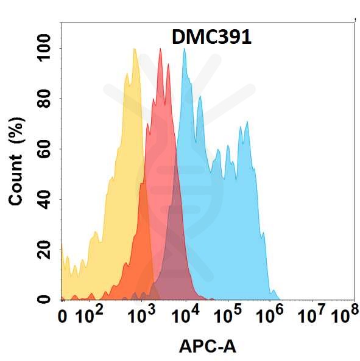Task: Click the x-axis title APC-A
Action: pos(207,347)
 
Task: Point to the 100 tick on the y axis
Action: pos(46,49)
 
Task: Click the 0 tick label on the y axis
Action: pos(46,299)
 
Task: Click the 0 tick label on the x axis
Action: pos(62,317)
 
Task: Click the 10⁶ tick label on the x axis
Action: pos(270,315)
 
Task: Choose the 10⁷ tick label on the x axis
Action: pos(313,315)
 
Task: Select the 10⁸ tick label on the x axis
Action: pos(344,315)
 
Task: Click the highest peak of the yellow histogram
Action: pos(134,49)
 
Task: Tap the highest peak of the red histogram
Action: pos(160,49)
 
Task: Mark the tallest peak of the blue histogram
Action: pos(184,49)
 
